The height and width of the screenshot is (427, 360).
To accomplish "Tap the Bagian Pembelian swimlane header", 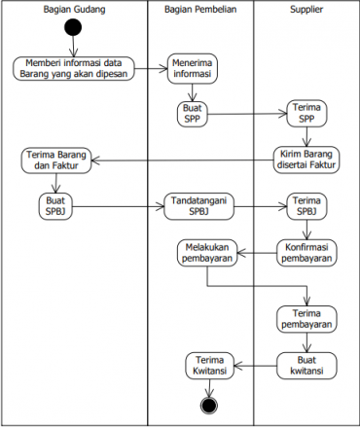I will click(200, 10).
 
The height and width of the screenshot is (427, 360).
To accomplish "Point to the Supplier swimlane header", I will click(306, 10).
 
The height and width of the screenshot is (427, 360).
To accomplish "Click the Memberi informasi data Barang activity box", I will click(74, 69).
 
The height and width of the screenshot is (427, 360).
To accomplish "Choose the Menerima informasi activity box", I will click(192, 69).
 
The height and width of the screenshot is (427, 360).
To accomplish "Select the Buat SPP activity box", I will click(192, 113).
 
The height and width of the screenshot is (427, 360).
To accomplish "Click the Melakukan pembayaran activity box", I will click(208, 253).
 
